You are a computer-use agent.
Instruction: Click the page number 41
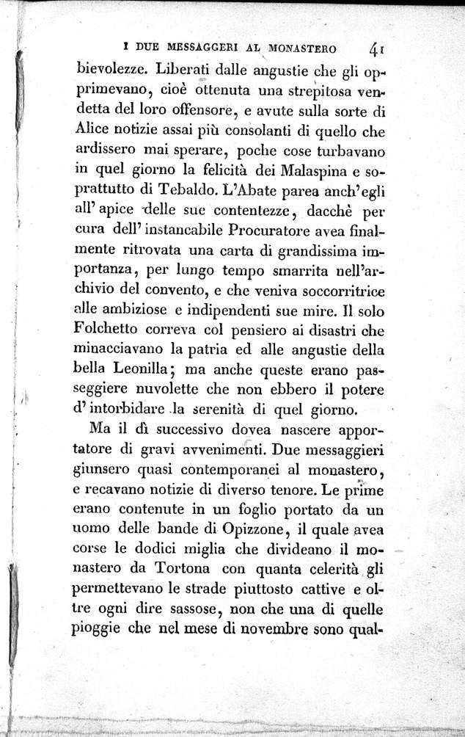(378, 50)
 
